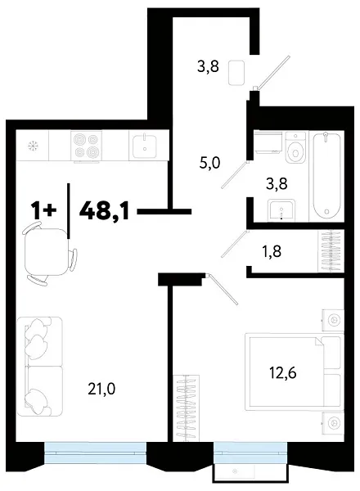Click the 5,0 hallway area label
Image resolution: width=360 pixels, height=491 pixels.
(211, 163)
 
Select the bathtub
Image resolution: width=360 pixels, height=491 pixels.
(328, 174)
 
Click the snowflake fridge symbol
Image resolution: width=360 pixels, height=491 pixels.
(34, 147)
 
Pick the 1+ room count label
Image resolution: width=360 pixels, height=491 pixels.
(44, 210)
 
